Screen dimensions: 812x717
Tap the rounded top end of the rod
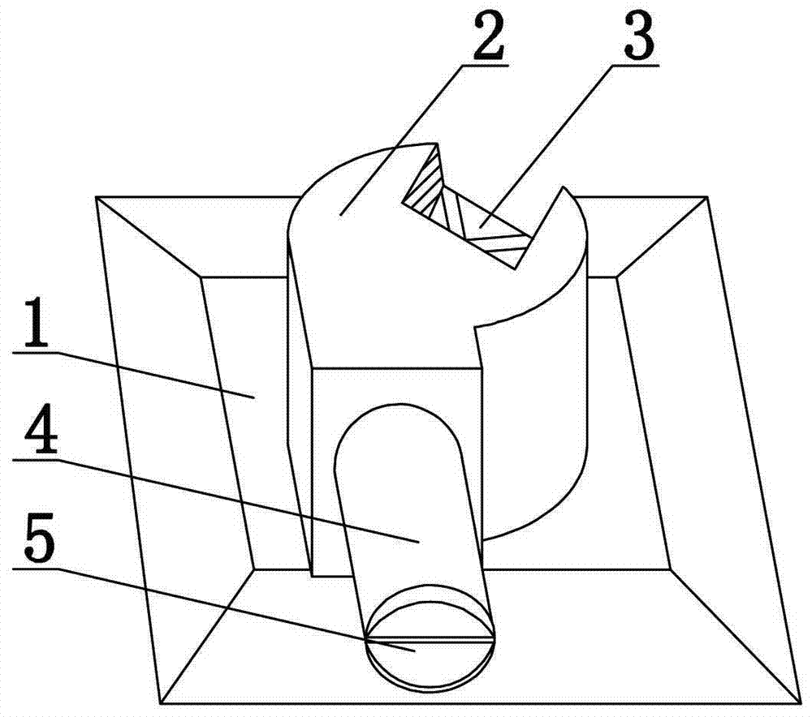[x=395, y=414]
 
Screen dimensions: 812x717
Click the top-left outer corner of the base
[x=97, y=196]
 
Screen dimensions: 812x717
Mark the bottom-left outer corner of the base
[x=159, y=702]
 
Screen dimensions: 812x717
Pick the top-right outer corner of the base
[x=710, y=196]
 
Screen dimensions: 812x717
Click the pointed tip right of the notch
[x=559, y=188]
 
